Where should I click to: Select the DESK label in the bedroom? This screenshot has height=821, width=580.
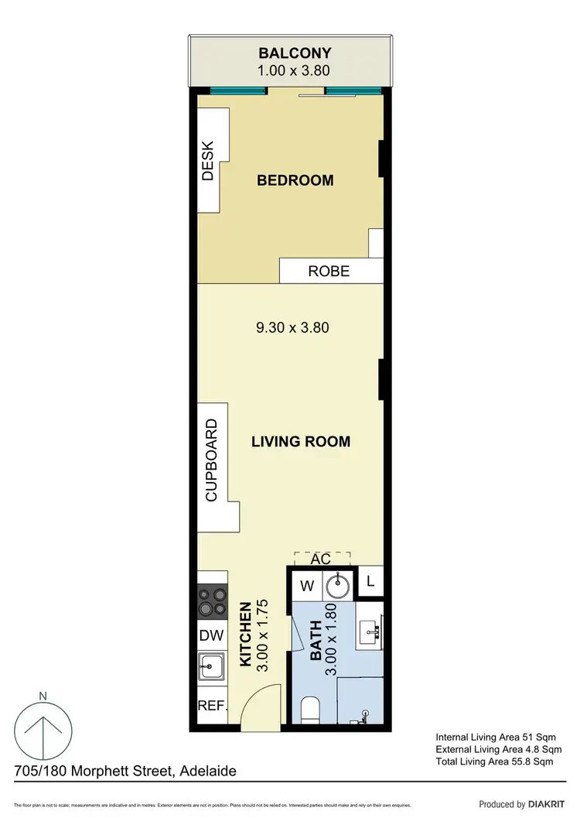207,160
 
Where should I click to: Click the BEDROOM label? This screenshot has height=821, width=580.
295,180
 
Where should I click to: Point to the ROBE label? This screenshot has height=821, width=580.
329,272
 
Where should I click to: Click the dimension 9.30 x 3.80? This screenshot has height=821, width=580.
292,327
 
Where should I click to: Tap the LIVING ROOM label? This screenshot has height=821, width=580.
301,442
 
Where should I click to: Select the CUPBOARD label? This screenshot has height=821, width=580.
211,461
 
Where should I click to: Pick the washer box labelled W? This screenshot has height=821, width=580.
306,586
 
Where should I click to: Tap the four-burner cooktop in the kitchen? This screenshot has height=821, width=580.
213,601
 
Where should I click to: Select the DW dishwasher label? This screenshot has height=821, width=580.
212,636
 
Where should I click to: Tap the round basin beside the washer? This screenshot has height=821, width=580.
339,586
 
